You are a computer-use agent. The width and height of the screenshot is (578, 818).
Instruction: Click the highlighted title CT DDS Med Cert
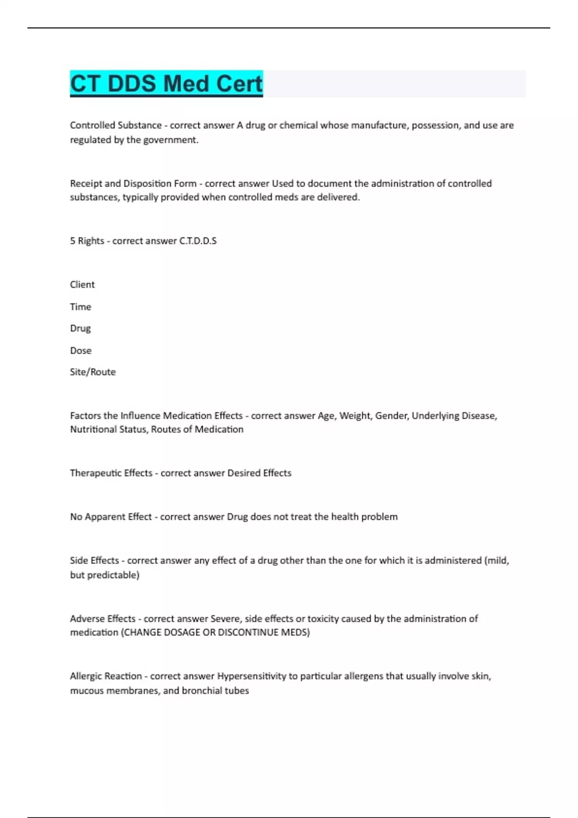(x=166, y=84)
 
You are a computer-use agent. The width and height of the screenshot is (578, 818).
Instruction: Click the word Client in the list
(x=82, y=284)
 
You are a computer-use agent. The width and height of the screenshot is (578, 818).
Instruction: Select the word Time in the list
(x=80, y=307)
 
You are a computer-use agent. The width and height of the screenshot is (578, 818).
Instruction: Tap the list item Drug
(x=80, y=328)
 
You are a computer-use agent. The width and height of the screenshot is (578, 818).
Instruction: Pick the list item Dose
(x=81, y=350)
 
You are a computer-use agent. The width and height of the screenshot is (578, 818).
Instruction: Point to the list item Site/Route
(x=93, y=372)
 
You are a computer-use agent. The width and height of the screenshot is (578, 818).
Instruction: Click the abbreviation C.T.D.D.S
(x=198, y=241)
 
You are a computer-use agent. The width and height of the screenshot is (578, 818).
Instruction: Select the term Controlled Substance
(x=116, y=125)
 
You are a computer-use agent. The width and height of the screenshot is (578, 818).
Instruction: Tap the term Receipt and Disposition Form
(x=133, y=183)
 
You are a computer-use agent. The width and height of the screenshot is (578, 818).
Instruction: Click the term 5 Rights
(x=87, y=241)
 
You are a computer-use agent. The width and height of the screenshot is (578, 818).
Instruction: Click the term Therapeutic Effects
(x=111, y=473)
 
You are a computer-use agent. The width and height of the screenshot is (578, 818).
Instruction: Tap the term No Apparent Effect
(x=111, y=517)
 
